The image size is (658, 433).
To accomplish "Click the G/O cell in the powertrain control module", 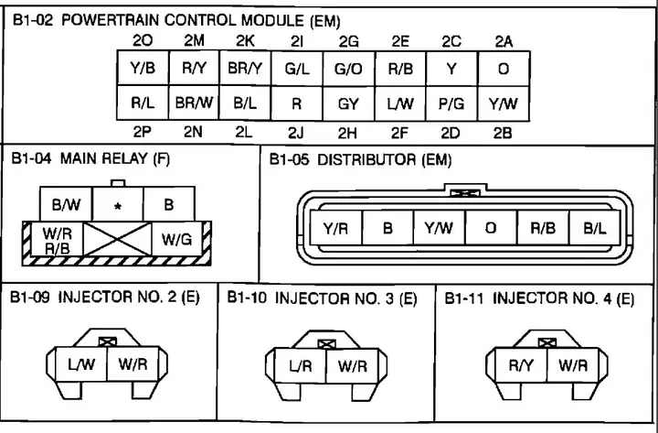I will pos(348,68).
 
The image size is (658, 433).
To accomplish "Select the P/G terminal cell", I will pos(451,103).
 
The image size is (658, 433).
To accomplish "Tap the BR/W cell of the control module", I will pos(194,103).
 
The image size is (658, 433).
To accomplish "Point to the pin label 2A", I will pos(504,40).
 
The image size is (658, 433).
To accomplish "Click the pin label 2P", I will pos(143,131).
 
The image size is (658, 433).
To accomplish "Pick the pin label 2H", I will pos(348,131).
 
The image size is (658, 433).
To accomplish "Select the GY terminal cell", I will pos(348,103).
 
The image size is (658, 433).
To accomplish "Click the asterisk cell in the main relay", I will pos(118,205).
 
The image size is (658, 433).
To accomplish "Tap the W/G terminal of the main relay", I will pos(176,240).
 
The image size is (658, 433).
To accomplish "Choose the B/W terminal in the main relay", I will pos(66,205).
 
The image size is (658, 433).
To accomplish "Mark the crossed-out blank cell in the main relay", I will pos(121,240).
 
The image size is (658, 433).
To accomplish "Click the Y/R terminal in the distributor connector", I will pos(335,228).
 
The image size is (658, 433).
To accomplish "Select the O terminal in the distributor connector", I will pos(491,228).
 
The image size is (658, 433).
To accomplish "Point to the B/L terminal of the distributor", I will pos(595,228).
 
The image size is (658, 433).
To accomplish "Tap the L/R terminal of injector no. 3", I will pos(301,365).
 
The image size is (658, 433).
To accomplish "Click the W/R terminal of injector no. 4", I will pos(573,364).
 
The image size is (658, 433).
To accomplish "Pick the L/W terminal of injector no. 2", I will pos(81,364).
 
